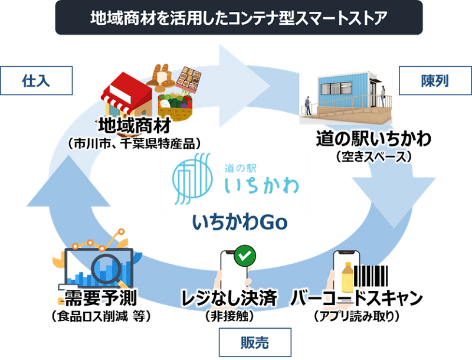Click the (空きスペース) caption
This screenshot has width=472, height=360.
coord(373,157)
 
